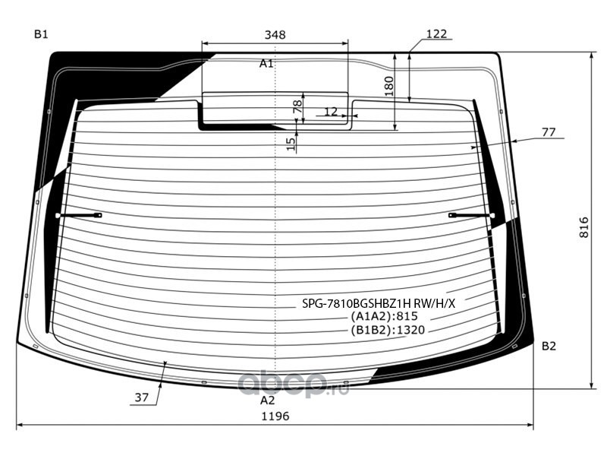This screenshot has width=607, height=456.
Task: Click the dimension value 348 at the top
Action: click(275, 35)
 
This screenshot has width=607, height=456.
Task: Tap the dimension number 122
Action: click(436, 33)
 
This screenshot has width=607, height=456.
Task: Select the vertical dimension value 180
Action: click(389, 86)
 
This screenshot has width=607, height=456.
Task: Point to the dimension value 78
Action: click(297, 106)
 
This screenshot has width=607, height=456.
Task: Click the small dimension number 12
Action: click(331, 112)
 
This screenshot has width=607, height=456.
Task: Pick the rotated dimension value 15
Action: click(291, 144)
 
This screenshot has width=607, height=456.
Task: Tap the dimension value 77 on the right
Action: click(549, 132)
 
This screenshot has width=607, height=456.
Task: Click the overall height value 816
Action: click(584, 227)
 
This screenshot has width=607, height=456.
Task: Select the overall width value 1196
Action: click(275, 416)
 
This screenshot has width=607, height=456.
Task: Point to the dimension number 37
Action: click(142, 397)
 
